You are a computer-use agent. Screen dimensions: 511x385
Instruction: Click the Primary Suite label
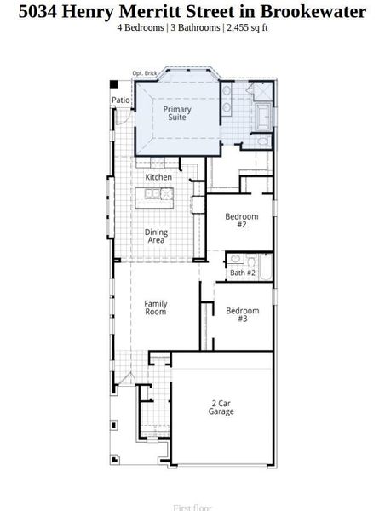coord(177,113)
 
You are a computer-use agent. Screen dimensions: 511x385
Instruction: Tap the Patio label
coord(121,100)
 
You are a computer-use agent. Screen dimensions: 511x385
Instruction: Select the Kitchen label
coord(158,177)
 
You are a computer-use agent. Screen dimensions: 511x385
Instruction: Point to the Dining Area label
coord(156,237)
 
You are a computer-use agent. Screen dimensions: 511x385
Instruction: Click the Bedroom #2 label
coord(241,221)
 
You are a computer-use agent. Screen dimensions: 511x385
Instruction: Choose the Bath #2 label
coord(243,273)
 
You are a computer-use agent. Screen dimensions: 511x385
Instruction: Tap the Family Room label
coord(156,307)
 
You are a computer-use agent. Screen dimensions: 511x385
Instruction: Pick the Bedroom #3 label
coord(242,315)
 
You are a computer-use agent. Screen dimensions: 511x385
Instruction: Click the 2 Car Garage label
coord(221,407)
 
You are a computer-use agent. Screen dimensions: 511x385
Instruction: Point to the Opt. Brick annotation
coord(145,73)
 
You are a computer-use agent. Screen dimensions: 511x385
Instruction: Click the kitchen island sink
coord(153,194)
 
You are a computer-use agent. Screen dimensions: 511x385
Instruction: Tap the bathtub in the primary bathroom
coord(262,117)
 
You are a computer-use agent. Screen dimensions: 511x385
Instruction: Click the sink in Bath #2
coord(236,259)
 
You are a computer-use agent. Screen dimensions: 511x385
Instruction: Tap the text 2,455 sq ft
coord(247,27)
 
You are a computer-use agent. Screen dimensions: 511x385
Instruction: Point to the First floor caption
coord(192,508)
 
